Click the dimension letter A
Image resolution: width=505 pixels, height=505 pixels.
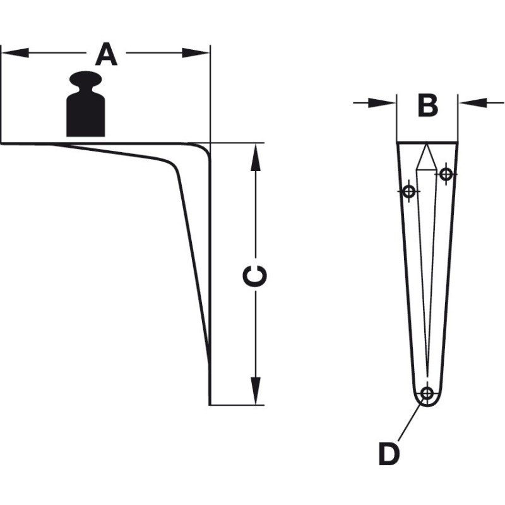(x=106, y=54)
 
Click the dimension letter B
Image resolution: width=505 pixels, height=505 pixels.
(x=428, y=105)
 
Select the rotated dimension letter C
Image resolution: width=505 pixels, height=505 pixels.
(x=255, y=276)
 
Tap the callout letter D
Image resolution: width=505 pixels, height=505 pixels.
(x=389, y=454)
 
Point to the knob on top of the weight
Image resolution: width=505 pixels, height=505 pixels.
(x=85, y=79)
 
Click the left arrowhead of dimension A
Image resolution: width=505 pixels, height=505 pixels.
(x=15, y=53)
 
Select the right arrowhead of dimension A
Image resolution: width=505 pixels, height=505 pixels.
(x=196, y=53)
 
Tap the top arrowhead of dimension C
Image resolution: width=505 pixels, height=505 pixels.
(x=256, y=157)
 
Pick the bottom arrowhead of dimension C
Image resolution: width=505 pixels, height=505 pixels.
(x=256, y=391)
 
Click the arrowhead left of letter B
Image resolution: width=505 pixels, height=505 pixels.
(x=382, y=103)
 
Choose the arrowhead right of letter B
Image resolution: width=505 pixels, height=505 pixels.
(x=472, y=103)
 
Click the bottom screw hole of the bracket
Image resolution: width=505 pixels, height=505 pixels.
(x=427, y=393)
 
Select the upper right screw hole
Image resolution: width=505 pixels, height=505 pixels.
(x=446, y=174)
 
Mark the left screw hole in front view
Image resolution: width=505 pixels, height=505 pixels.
(x=409, y=192)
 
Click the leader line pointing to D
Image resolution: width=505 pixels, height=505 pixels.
(x=410, y=421)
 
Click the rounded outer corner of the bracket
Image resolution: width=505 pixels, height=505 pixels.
(x=206, y=149)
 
